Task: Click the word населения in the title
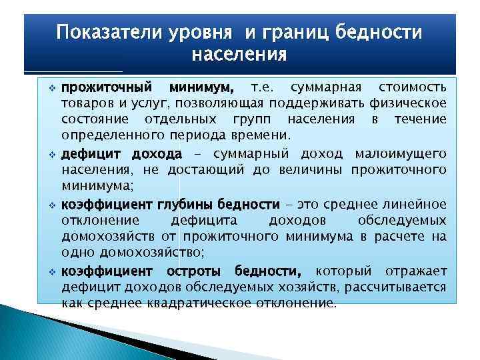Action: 239,53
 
